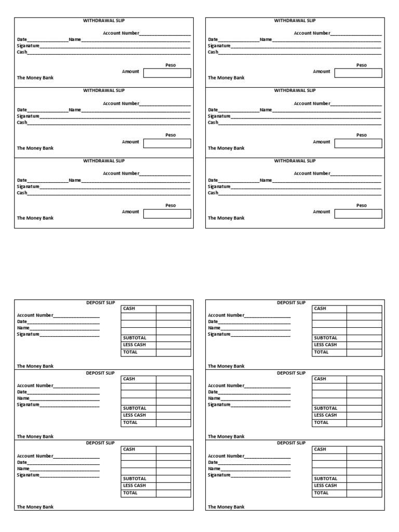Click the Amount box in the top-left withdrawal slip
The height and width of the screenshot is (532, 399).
point(167,73)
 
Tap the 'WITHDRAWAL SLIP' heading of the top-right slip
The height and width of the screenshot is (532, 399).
point(295,21)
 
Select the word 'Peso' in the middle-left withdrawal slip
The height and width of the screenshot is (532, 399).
point(170,135)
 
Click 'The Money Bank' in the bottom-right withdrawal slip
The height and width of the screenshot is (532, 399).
point(226,218)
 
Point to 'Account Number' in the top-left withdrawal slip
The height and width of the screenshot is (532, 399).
point(121,33)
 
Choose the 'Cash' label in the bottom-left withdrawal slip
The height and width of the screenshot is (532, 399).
point(22,193)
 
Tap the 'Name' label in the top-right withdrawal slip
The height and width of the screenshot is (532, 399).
point(266,39)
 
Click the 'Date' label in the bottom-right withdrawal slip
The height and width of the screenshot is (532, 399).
point(212,180)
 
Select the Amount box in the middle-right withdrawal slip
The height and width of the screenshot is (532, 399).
point(358,143)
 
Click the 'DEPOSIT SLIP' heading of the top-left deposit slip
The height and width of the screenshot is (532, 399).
point(100,302)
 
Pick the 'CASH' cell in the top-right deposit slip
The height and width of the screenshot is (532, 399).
point(320,309)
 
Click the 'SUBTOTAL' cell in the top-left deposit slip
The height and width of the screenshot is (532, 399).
point(135,338)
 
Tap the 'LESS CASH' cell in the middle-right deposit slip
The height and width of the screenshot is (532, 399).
point(326,415)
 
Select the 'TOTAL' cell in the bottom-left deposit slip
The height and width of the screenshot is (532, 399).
point(130,493)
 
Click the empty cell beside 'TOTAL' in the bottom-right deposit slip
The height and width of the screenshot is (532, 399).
point(364,493)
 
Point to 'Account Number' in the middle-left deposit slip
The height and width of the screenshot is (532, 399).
point(35,385)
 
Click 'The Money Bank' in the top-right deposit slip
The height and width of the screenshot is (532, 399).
point(226,366)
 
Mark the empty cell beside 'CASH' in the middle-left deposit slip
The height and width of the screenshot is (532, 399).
point(174,379)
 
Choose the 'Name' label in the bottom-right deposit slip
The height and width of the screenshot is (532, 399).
point(214,469)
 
